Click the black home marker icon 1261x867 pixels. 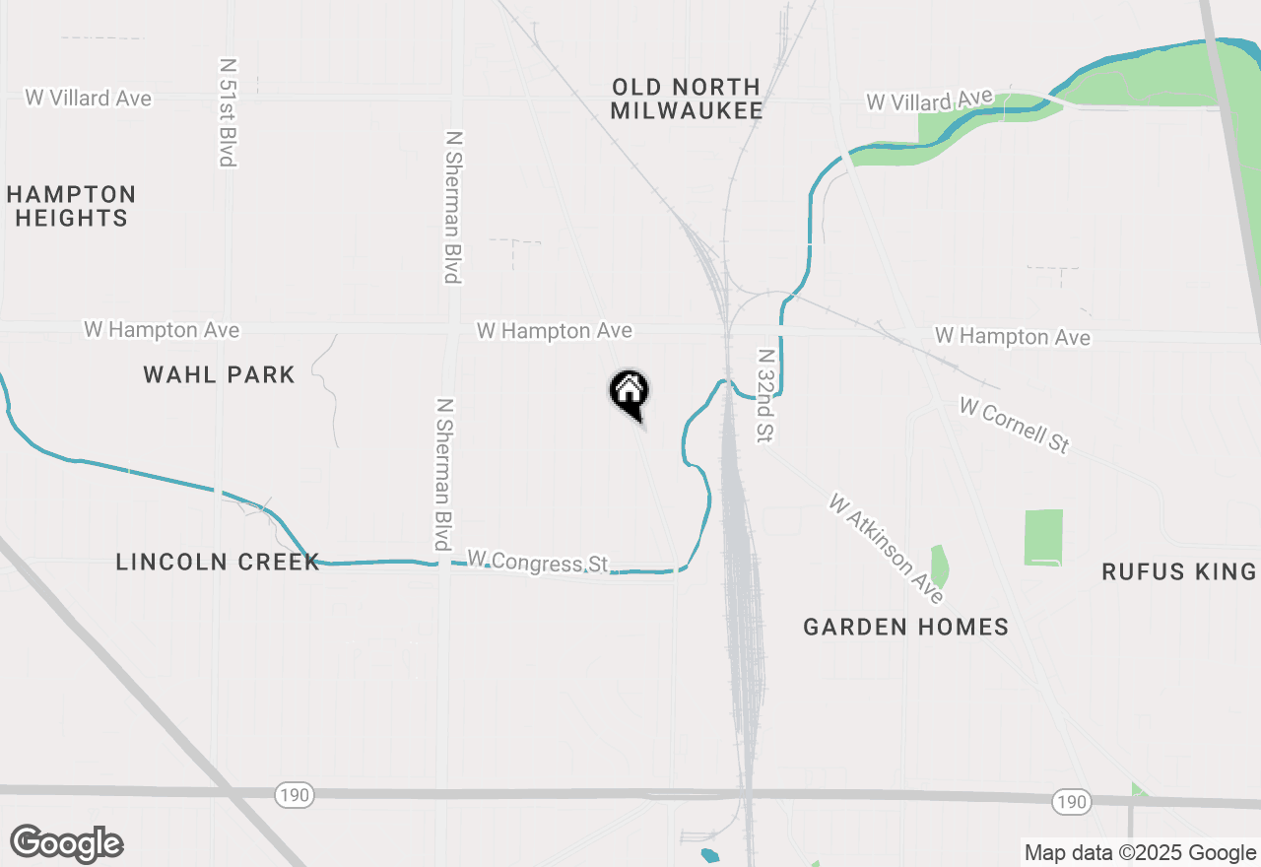629,392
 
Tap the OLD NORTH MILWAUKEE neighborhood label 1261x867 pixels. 686,100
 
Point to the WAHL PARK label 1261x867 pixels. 219,374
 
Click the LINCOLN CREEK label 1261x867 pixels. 218,562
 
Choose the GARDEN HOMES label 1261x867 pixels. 905,627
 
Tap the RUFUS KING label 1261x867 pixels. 1178,571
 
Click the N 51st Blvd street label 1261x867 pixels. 228,110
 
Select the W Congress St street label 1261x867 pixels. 537,562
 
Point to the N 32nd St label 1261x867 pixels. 765,394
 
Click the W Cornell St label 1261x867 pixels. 1014,425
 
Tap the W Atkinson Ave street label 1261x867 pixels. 886,549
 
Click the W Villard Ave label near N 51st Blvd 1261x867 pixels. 89,98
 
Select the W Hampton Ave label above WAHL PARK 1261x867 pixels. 162,330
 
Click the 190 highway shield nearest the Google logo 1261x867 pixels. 293,794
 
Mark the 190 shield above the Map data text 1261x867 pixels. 1070,802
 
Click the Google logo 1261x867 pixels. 67,843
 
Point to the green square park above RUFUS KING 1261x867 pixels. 1043,537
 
